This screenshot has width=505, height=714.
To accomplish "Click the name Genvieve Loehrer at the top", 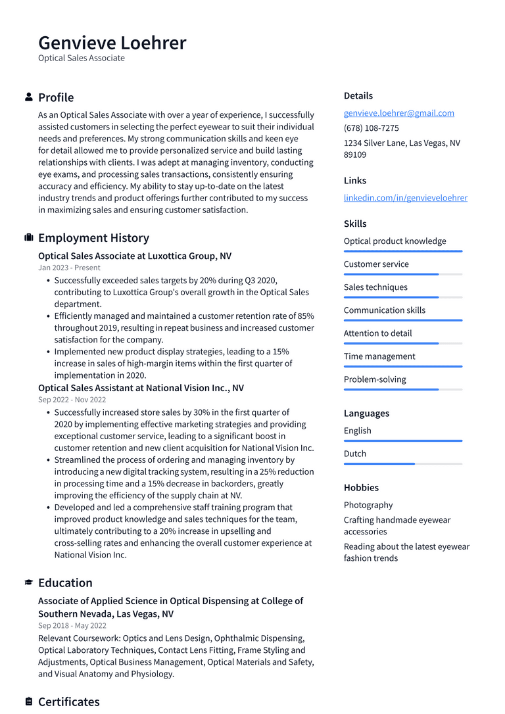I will pyautogui.click(x=112, y=43).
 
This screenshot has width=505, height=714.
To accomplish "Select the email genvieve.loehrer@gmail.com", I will pyautogui.click(x=398, y=113).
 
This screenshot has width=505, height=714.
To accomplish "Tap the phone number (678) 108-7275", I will pyautogui.click(x=371, y=128).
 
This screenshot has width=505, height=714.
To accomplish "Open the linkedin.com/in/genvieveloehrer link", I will pyautogui.click(x=405, y=198).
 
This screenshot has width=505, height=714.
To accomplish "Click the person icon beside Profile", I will pyautogui.click(x=29, y=97).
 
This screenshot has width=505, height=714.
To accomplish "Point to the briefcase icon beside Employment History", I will pyautogui.click(x=29, y=237).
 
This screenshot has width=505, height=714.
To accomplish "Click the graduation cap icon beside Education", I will pyautogui.click(x=29, y=583).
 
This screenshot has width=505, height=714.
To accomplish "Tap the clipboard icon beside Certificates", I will pyautogui.click(x=29, y=702).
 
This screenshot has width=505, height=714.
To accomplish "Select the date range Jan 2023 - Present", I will pyautogui.click(x=69, y=268).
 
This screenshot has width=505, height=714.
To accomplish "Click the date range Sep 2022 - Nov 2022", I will pyautogui.click(x=72, y=400).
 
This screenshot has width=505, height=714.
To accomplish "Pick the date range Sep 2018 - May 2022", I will pyautogui.click(x=72, y=626).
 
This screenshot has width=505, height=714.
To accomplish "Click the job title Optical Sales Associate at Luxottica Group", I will pyautogui.click(x=134, y=256).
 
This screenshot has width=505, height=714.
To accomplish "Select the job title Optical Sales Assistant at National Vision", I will pyautogui.click(x=141, y=388).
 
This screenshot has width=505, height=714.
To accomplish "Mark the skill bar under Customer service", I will pyautogui.click(x=402, y=274).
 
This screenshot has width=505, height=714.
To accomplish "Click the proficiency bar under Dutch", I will pyautogui.click(x=402, y=464).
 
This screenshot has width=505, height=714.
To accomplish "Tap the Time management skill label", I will pyautogui.click(x=379, y=356).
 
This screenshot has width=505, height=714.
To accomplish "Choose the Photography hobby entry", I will pyautogui.click(x=368, y=505).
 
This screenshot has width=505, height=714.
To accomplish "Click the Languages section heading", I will pyautogui.click(x=366, y=414).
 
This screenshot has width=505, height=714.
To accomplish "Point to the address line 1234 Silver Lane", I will pyautogui.click(x=402, y=143).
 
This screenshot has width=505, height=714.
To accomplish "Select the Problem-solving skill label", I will pyautogui.click(x=375, y=379).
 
